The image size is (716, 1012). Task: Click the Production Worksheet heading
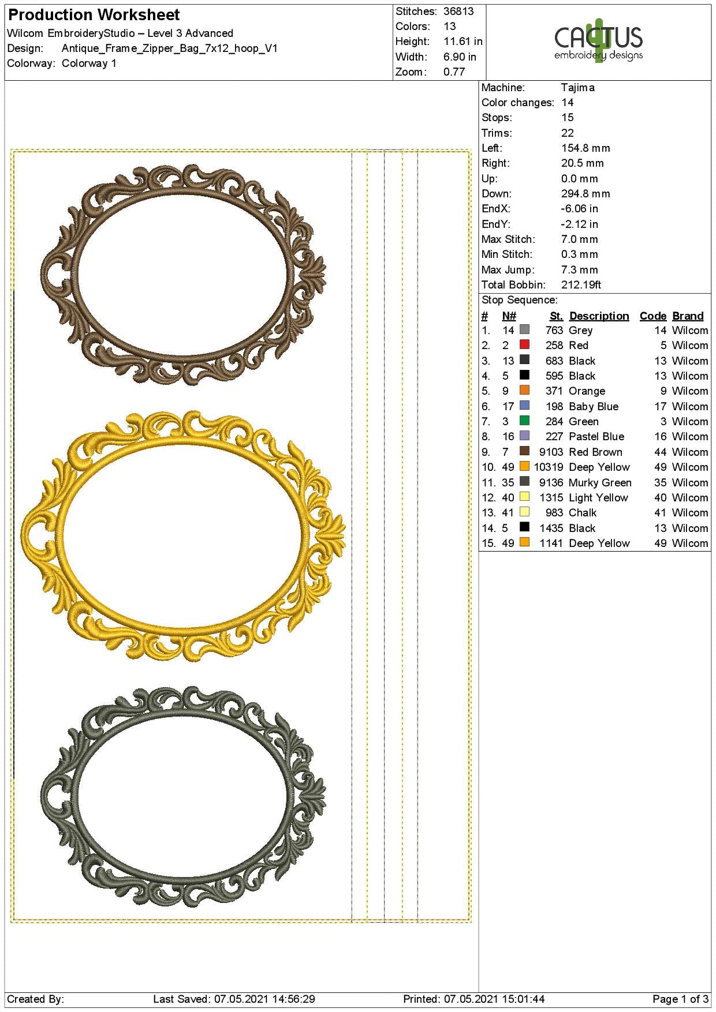tap(94, 15)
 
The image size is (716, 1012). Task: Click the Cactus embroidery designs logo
tap(598, 42)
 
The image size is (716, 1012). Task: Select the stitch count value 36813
tap(458, 12)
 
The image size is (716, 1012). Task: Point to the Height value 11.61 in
tap(463, 42)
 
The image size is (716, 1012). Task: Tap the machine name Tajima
tap(577, 88)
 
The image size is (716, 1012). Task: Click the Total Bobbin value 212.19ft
tap(581, 285)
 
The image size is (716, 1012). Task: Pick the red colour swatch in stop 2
tap(524, 344)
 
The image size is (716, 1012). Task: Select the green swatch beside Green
tap(524, 421)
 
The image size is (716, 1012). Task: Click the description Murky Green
tap(600, 483)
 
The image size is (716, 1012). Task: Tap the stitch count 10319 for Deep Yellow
tap(549, 467)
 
